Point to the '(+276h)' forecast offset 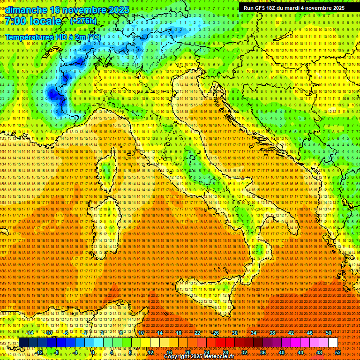83,21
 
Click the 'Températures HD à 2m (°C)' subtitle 53,37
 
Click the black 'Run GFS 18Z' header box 294,8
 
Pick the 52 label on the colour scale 337,352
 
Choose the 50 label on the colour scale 329,333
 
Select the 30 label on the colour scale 235,333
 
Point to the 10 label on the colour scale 141,333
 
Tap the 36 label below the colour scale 262,352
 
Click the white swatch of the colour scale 333,343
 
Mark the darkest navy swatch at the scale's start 23,343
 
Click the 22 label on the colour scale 197,333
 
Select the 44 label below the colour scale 300,352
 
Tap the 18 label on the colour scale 179,333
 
